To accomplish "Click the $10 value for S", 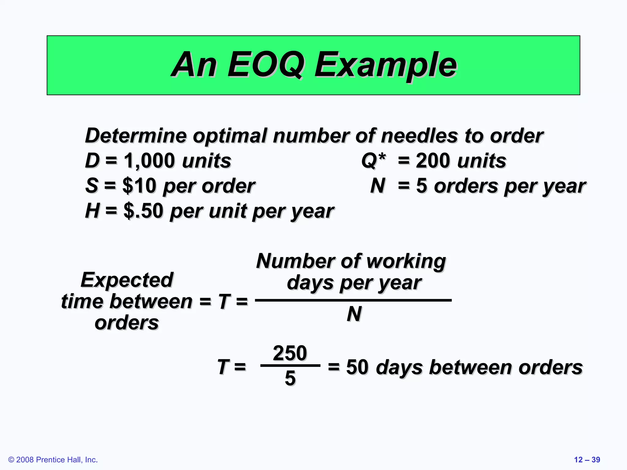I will click(139, 186).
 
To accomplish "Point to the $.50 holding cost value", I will click(143, 211).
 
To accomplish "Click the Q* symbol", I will click(374, 161).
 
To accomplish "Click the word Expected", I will click(127, 280).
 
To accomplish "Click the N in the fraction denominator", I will click(354, 314).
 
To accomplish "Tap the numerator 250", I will click(290, 353).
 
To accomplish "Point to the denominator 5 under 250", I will click(290, 378).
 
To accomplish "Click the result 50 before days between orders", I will click(357, 367).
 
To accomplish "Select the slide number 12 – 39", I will click(587, 460).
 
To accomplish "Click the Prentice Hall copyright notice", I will click(53, 460).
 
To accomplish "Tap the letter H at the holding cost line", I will click(92, 211).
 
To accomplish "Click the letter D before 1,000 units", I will click(92, 161).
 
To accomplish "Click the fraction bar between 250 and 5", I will click(290, 365).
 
